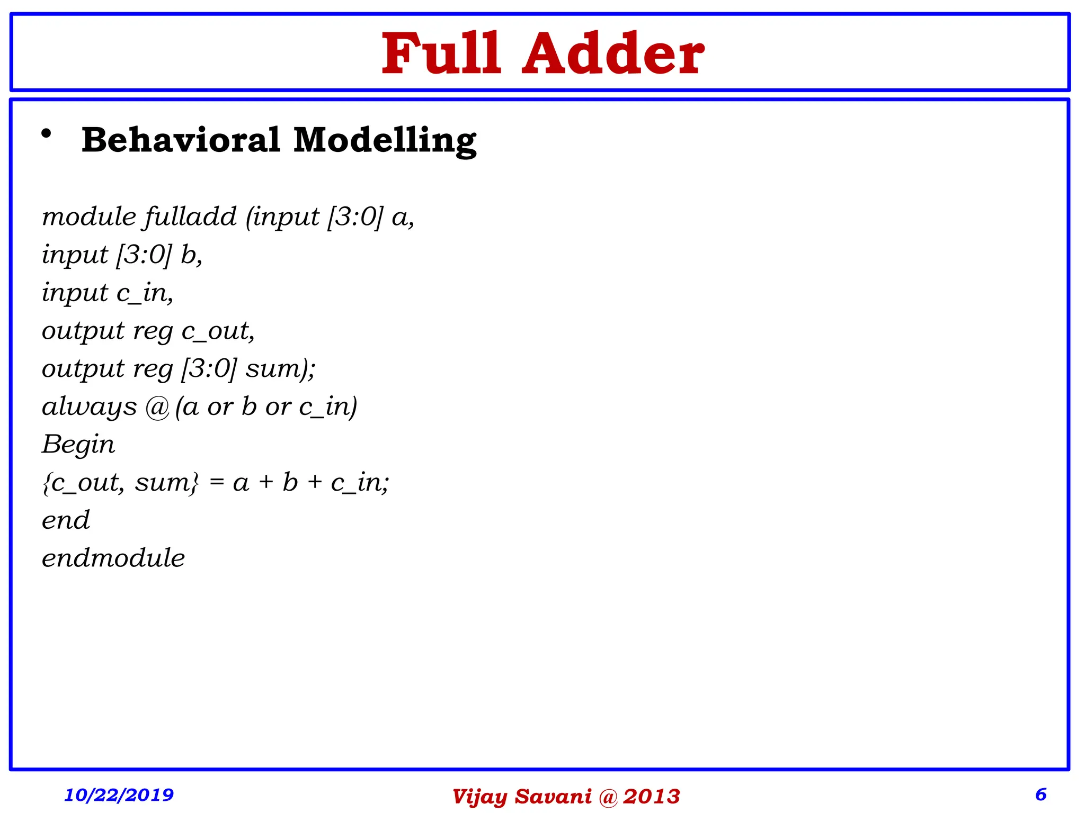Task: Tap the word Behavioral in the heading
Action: coord(181,140)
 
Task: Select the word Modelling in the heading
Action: coord(385,141)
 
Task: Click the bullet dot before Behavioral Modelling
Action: coord(47,134)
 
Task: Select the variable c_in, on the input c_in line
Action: coord(145,293)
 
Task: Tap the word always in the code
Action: coord(89,407)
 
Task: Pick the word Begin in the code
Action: coord(78,445)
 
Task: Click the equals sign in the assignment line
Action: coord(216,483)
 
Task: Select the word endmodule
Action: coord(113,558)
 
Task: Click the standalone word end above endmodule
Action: coord(66,520)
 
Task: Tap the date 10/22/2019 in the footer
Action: coord(119,794)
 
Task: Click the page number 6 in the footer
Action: coord(1040,794)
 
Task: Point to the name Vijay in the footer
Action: coord(479,797)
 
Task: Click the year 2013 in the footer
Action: coord(651,797)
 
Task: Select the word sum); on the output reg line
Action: coord(280,369)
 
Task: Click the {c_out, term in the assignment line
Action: coord(84,483)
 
